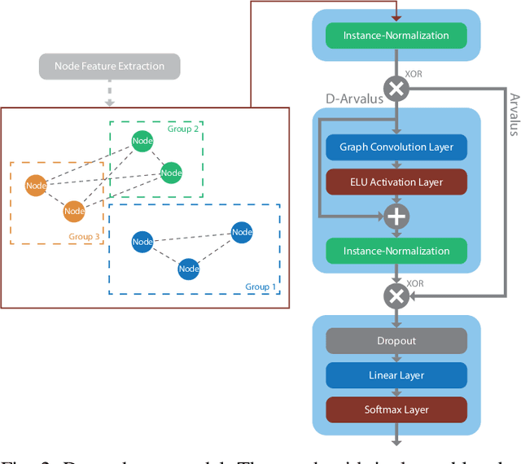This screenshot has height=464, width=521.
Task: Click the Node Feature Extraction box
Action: tap(109, 67)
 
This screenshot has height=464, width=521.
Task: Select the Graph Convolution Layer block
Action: tap(396, 147)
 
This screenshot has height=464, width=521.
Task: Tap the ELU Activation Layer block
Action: tap(396, 182)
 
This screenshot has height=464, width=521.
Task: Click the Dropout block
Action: tap(396, 341)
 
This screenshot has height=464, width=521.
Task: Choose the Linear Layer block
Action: tap(396, 375)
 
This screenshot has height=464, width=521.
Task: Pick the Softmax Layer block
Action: tap(396, 409)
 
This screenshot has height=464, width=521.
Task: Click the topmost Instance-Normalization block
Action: tap(396, 36)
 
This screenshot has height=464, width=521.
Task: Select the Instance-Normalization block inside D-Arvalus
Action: tap(396, 252)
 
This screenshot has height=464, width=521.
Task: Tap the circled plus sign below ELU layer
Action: tap(396, 217)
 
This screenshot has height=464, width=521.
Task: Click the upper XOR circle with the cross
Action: tap(396, 89)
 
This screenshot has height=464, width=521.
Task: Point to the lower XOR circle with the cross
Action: tap(396, 296)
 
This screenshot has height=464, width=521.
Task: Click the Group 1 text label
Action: tap(260, 287)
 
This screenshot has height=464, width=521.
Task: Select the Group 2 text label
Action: tap(183, 129)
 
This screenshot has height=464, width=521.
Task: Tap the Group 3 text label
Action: tap(84, 237)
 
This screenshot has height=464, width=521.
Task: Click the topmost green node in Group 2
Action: tap(142, 141)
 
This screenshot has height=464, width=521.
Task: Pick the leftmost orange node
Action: tap(36, 186)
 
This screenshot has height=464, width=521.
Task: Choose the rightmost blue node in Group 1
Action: tap(242, 232)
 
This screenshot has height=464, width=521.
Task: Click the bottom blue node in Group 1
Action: tap(189, 269)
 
